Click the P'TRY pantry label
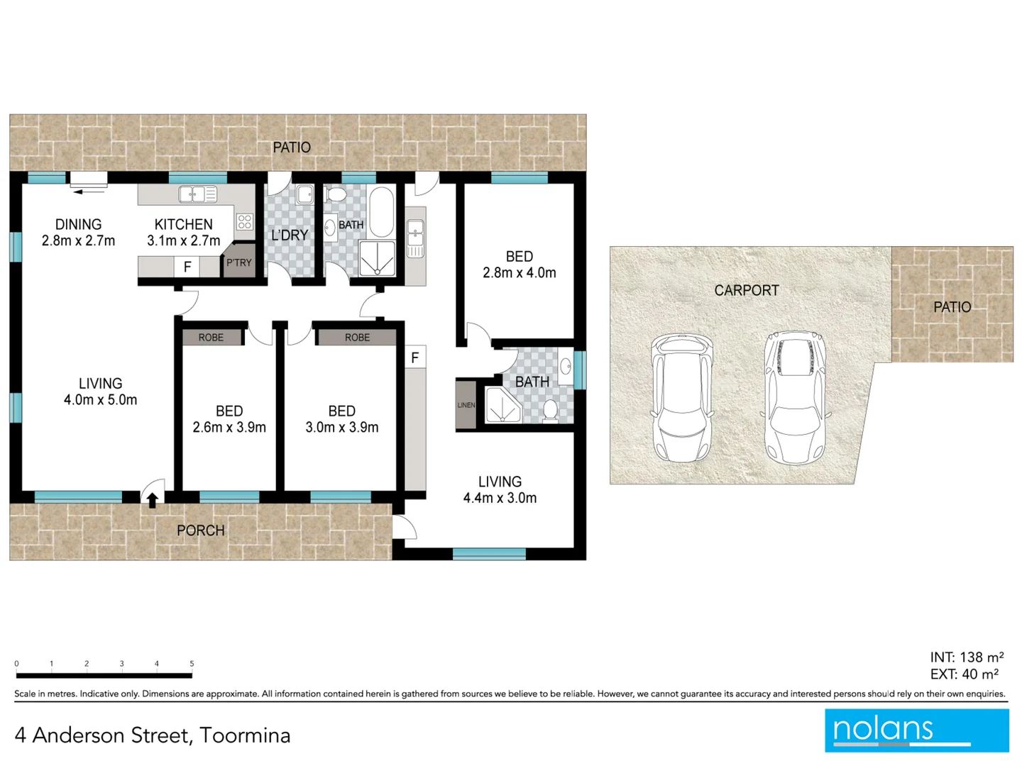click(x=239, y=262)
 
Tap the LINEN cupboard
click(x=466, y=405)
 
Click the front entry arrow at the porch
click(x=153, y=501)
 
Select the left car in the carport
click(x=682, y=397)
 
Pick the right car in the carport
click(x=795, y=397)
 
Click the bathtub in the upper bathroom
click(x=382, y=211)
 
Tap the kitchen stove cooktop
click(x=245, y=221)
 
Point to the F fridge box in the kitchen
click(x=187, y=267)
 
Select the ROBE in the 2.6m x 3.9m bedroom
click(x=211, y=337)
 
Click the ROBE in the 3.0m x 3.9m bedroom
click(x=357, y=337)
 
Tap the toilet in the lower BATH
click(x=550, y=411)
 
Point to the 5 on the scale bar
click(x=192, y=664)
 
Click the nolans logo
click(x=916, y=730)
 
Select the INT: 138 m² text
click(x=967, y=657)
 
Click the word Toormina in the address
click(x=245, y=736)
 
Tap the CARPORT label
click(x=746, y=290)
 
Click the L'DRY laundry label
click(x=290, y=235)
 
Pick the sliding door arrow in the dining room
click(x=89, y=191)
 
